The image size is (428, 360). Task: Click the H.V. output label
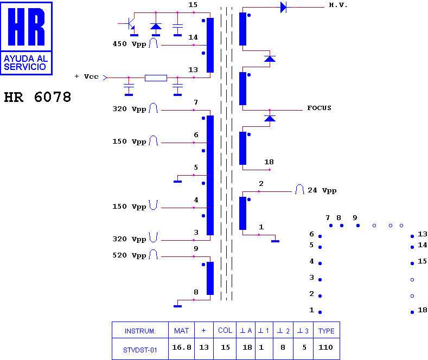pos(338,5)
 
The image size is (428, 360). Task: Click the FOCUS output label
pos(319,108)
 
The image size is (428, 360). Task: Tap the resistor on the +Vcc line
pos(156,78)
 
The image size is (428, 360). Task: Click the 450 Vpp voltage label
pos(130,44)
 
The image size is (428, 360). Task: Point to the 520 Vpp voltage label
pos(130,255)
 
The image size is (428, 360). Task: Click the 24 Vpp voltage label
pos(322,190)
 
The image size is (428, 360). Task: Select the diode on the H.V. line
pos(284,8)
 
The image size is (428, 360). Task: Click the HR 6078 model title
pos(37,97)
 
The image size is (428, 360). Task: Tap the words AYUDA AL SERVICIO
pos(25,63)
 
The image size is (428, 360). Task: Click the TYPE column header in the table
pos(326,331)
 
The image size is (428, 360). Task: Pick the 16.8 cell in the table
pos(182,348)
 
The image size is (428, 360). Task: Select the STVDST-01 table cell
pos(140,350)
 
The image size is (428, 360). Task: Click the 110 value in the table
pos(325,348)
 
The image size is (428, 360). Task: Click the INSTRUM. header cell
pos(140,331)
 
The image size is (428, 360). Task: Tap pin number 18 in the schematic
pos(269,162)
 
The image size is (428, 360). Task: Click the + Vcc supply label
pos(87,76)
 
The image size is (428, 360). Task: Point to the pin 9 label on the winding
pos(196,249)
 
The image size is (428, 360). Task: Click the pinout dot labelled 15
pos(412,263)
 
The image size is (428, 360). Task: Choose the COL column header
pos(225,331)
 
